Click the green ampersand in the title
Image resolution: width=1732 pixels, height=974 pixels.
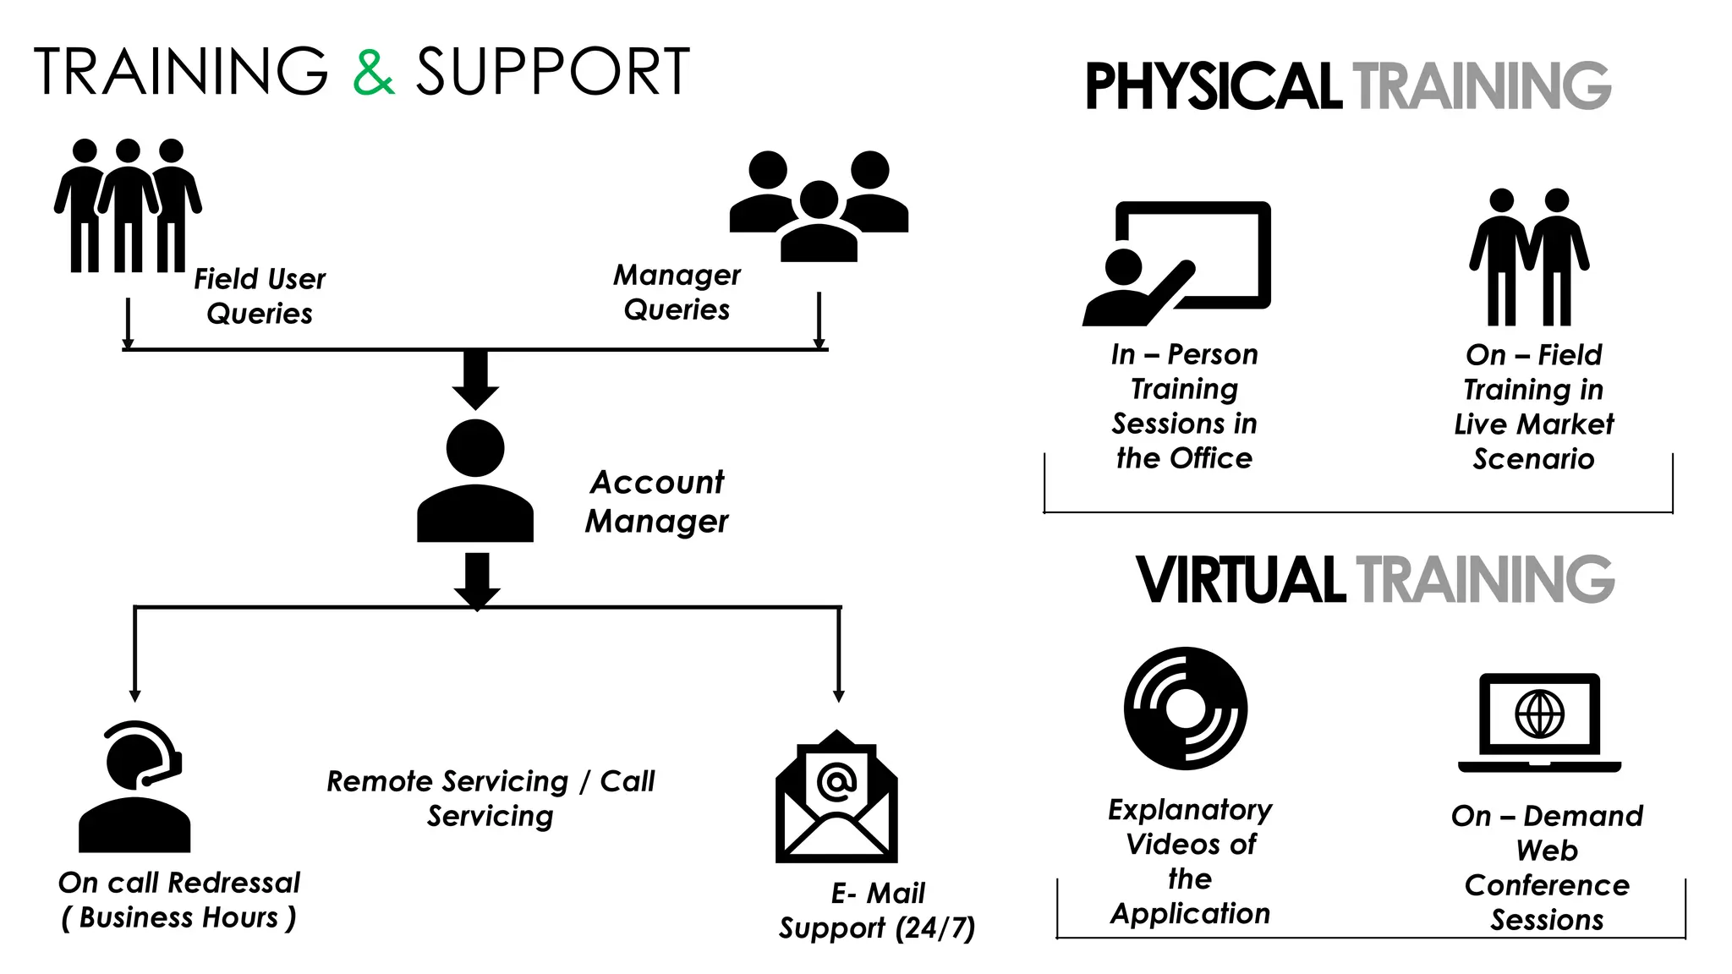pos(373,73)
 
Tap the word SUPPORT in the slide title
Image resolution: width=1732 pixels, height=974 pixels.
pos(553,73)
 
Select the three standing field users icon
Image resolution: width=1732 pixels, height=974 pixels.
pos(128,205)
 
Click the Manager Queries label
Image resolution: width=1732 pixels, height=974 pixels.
pos(677,292)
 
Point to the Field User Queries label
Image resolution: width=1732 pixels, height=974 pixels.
pos(260,296)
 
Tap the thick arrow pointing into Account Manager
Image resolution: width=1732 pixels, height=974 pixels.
pos(475,379)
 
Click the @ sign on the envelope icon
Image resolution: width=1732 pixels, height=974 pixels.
pos(836,782)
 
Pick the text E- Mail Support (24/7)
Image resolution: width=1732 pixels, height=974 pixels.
pos(877,911)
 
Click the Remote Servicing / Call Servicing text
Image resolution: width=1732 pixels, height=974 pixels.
pos(491,798)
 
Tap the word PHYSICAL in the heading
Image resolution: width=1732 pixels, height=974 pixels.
pos(1213,87)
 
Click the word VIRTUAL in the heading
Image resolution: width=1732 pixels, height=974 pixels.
pos(1240,581)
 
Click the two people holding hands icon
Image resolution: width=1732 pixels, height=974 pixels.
pos(1529,257)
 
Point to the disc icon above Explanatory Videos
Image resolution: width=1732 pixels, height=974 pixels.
pos(1186,709)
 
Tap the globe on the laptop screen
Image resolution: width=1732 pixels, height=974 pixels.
pos(1539,714)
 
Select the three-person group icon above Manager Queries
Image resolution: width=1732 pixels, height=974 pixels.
pos(819,205)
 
